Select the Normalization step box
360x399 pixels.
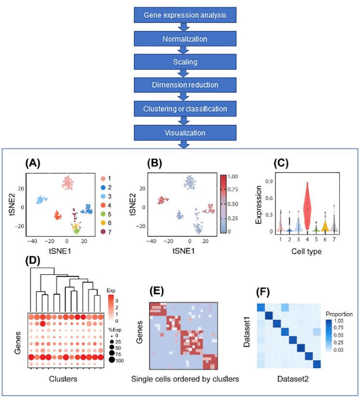click(181, 39)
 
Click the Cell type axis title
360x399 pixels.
click(307, 251)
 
